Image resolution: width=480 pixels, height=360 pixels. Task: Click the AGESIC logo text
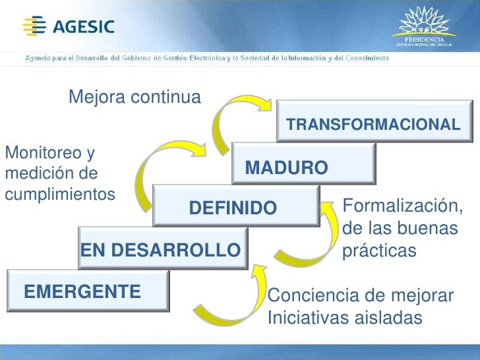(83, 27)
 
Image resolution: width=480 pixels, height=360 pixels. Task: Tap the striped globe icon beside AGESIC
(33, 26)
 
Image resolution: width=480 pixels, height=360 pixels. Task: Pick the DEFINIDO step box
(233, 208)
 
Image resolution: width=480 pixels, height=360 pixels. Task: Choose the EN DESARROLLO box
(161, 250)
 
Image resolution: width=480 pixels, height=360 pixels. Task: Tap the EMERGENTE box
(86, 291)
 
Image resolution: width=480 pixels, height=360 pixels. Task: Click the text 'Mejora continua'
(134, 98)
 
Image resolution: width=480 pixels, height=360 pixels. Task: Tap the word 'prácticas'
(380, 251)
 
